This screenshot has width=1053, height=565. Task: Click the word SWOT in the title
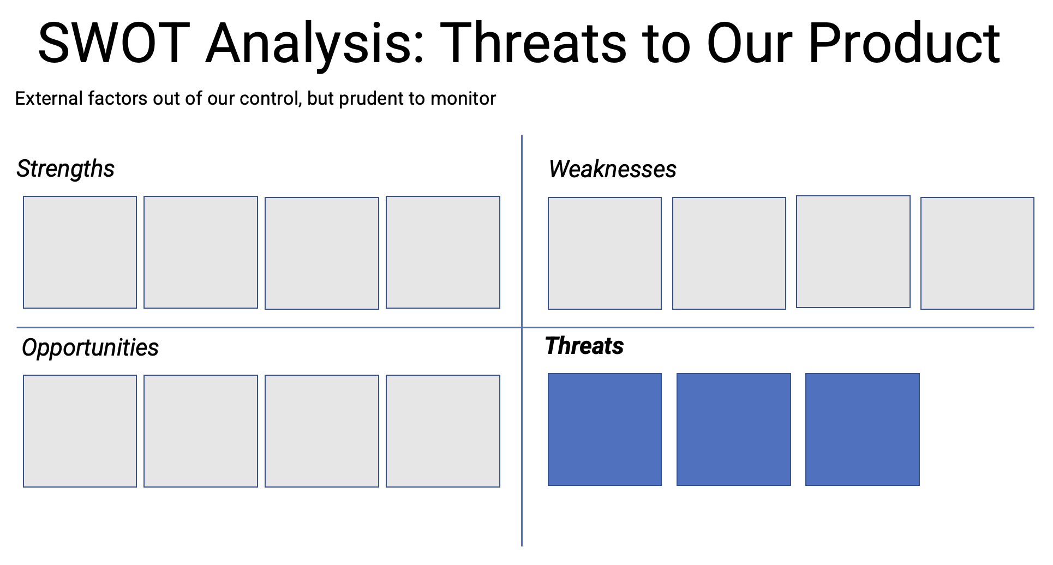114,43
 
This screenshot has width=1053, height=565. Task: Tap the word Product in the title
904,43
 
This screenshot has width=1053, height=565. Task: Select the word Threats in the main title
534,43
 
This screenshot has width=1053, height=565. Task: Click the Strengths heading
65,169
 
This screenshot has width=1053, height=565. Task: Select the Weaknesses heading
612,169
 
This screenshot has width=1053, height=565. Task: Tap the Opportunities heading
90,347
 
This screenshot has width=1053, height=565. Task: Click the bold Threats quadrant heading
584,346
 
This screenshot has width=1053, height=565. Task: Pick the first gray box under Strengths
80,253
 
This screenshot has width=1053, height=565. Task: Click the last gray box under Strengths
442,253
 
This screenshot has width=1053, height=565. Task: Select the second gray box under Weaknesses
729,254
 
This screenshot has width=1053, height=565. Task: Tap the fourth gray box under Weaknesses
977,254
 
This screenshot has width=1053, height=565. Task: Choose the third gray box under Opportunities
321,431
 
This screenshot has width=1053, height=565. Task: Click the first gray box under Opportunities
80,431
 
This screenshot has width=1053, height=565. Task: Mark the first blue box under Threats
605,429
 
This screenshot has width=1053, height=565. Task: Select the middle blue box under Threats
733,429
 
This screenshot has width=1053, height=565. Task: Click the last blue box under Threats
862,429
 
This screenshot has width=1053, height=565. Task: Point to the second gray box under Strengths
200,253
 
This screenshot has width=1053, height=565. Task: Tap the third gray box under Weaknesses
853,252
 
